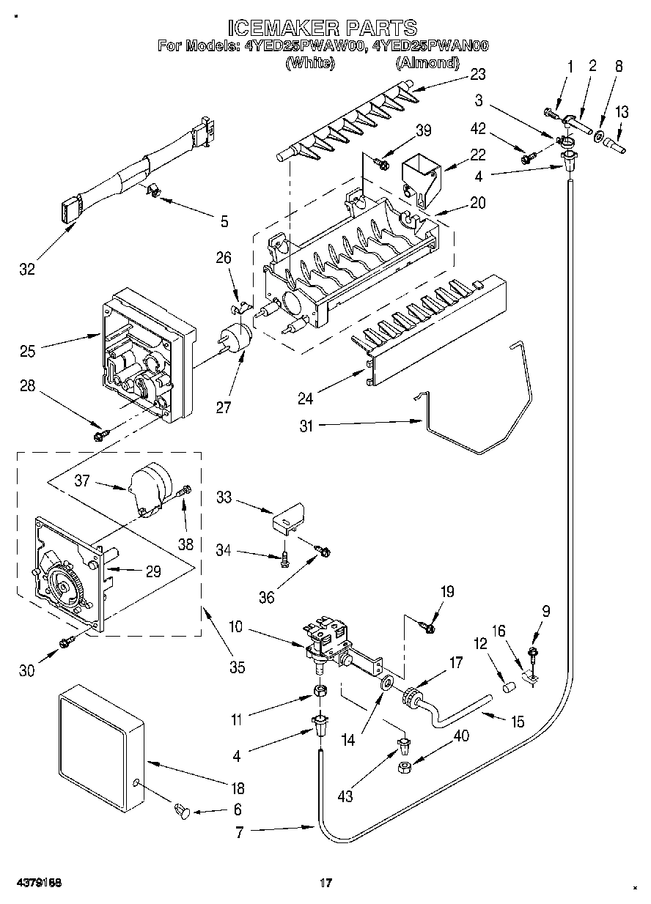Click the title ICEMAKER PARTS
(323, 29)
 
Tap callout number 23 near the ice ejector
(477, 74)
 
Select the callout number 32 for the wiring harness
(27, 269)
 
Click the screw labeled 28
(101, 435)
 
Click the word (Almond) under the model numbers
(427, 63)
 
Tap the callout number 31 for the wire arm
(306, 426)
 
